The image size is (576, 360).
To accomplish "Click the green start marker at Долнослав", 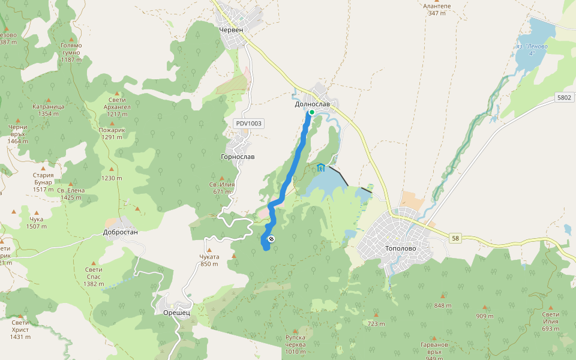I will tap(311, 112).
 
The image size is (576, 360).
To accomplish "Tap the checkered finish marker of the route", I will tap(272, 240).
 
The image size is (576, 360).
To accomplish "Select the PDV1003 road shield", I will tap(249, 124).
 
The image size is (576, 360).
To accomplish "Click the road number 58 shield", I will tap(455, 238).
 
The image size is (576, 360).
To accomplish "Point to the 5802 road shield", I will tap(564, 97).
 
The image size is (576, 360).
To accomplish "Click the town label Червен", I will tap(231, 29).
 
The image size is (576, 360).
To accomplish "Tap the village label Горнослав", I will tap(238, 157).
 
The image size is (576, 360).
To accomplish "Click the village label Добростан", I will tap(121, 232).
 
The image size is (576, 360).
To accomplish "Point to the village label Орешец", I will tap(176, 313).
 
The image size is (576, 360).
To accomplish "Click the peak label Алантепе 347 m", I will tap(437, 9).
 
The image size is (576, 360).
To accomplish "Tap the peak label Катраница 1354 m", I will tap(48, 110).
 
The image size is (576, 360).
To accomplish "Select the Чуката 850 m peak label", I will tap(209, 260).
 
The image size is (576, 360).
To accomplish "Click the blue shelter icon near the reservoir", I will tap(320, 167).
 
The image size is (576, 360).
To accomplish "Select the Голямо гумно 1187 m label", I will tap(71, 52).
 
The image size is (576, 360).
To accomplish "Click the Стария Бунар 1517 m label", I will tap(43, 182).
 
